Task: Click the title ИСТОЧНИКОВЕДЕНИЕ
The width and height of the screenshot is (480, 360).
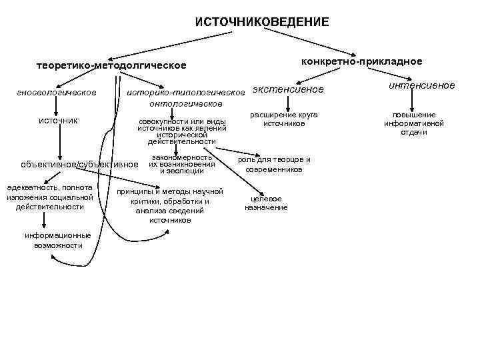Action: (261, 22)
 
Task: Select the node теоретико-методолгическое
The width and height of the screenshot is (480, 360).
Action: (111, 66)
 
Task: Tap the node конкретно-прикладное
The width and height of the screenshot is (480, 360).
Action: (361, 61)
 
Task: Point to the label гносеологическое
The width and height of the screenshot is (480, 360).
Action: (57, 91)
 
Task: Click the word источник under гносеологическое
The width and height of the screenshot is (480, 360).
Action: (58, 120)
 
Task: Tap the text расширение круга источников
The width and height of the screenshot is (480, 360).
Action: (283, 119)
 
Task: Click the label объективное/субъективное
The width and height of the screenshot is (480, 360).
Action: (79, 164)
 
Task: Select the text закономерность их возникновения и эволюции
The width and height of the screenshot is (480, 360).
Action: (181, 164)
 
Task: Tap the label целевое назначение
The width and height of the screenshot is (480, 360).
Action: (266, 203)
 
